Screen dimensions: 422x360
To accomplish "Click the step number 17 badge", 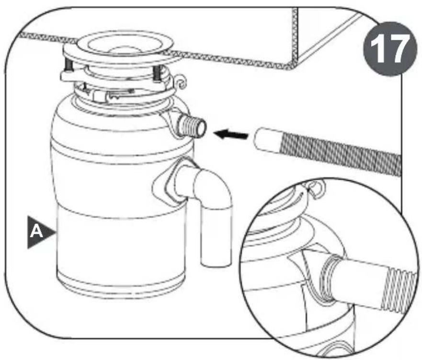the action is coord(390,49).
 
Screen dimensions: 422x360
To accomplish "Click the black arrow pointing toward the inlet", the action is coord(231,134).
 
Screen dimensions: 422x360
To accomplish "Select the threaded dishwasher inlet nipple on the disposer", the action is coord(193,124).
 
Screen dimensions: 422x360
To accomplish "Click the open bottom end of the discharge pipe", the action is coord(216,263).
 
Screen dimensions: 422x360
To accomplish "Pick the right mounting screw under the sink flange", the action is coord(157,73).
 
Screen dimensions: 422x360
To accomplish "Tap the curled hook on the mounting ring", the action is coord(180,82).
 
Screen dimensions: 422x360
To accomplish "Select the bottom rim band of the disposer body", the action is coord(121,287).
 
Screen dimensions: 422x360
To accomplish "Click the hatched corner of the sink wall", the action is coord(295,38).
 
